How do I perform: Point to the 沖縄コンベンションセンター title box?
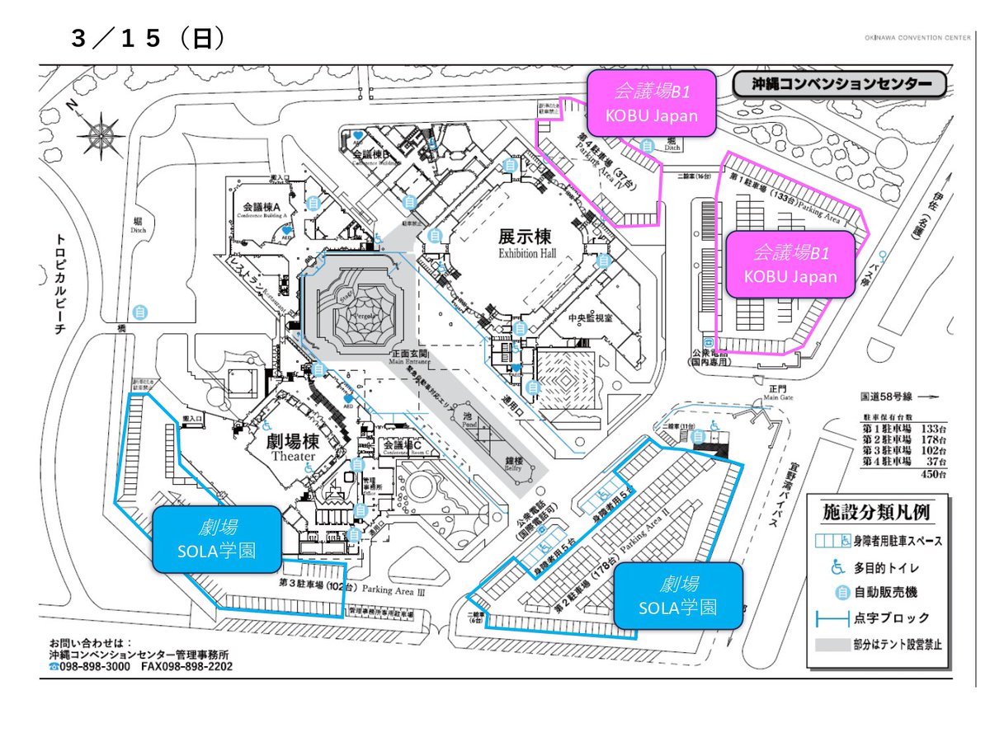tap(838, 85)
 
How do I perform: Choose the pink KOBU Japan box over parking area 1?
tap(790, 263)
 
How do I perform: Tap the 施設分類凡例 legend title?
tap(876, 512)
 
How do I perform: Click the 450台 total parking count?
tap(933, 473)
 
